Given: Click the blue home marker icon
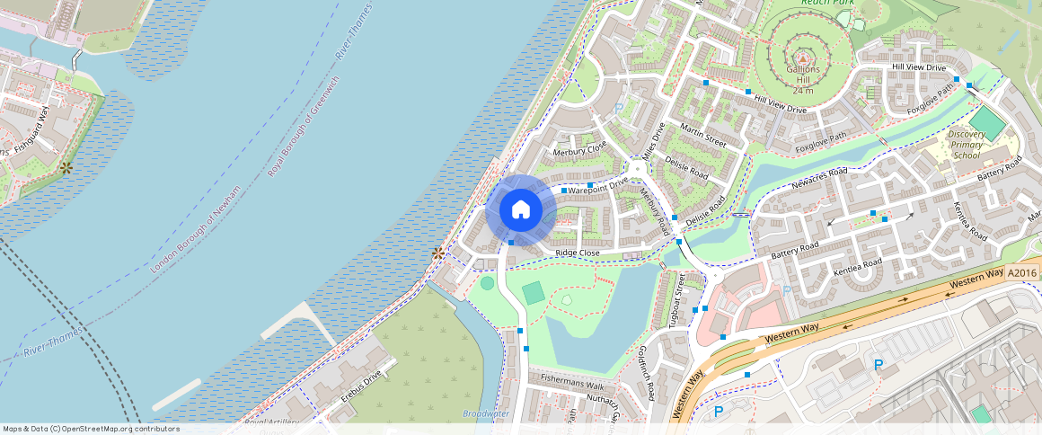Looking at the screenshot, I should pyautogui.click(x=520, y=210).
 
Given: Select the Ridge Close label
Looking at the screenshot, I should pyautogui.click(x=577, y=253).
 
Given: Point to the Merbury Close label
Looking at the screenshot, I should pyautogui.click(x=579, y=149).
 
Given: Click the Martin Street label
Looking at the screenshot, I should pyautogui.click(x=702, y=136).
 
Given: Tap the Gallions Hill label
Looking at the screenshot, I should pyautogui.click(x=803, y=74).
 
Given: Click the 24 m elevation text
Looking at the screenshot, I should pyautogui.click(x=803, y=91).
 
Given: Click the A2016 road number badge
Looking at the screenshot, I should pyautogui.click(x=1021, y=272).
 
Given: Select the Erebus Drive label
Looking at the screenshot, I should pyautogui.click(x=360, y=384).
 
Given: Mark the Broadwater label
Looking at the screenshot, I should pyautogui.click(x=485, y=413).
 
